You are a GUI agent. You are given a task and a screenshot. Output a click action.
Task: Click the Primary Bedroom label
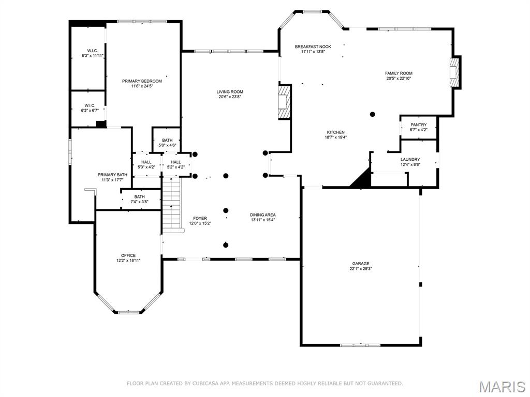pyautogui.click(x=142, y=81)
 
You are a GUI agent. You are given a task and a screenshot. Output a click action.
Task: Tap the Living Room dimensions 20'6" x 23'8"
pyautogui.click(x=230, y=97)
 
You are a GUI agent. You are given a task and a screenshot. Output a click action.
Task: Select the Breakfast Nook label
pyautogui.click(x=313, y=47)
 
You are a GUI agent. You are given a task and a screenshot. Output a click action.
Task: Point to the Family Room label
pyautogui.click(x=399, y=73)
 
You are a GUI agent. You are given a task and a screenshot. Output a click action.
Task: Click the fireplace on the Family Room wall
pyautogui.click(x=454, y=72)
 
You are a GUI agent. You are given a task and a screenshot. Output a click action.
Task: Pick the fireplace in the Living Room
pyautogui.click(x=284, y=102)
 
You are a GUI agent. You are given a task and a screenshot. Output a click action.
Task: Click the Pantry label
pyautogui.click(x=418, y=125)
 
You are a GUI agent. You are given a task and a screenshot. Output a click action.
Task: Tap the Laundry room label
pyautogui.click(x=410, y=159)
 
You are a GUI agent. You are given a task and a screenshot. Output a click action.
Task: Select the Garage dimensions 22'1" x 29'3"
pyautogui.click(x=361, y=269)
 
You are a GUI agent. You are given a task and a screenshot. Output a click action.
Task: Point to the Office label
pyautogui.click(x=128, y=255)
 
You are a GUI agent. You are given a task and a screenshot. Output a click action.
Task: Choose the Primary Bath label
pyautogui.click(x=112, y=175)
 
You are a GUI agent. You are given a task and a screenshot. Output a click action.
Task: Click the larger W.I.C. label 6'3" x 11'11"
pyautogui.click(x=93, y=50)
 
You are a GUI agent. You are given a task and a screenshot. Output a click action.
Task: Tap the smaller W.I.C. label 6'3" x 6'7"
pyautogui.click(x=88, y=105)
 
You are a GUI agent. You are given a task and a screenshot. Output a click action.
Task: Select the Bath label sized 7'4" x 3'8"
pyautogui.click(x=139, y=196)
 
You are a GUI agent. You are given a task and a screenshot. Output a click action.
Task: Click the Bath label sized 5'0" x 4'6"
pyautogui.click(x=167, y=140)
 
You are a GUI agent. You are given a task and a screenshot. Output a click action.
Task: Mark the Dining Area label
pyautogui.click(x=263, y=215)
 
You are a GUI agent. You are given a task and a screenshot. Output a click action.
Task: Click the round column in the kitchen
pyautogui.click(x=372, y=114)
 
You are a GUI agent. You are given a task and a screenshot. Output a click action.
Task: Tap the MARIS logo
pyautogui.click(x=502, y=386)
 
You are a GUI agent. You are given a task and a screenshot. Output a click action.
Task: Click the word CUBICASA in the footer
pyautogui.click(x=198, y=384)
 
